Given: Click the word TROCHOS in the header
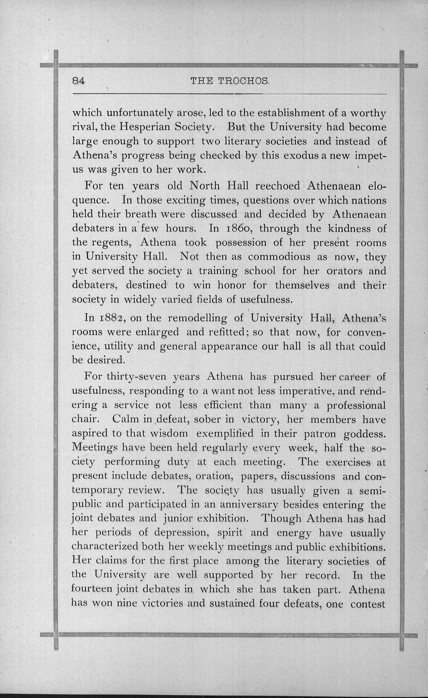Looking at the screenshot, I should [x=247, y=80].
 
